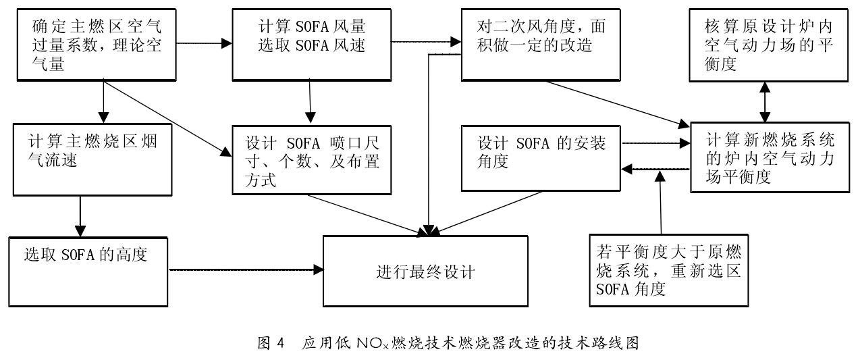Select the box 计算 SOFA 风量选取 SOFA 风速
pyautogui.click(x=311, y=43)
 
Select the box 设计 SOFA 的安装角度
pyautogui.click(x=541, y=155)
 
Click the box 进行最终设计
pyautogui.click(x=425, y=272)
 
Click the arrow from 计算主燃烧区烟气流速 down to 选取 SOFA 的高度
pyautogui.click(x=80, y=215)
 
